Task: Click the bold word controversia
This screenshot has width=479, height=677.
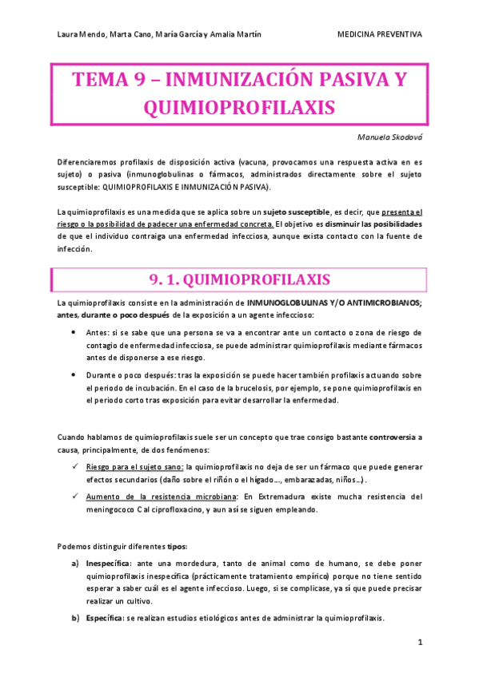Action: (393, 437)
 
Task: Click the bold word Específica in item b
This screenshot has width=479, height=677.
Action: (103, 618)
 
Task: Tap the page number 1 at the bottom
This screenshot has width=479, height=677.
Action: (419, 643)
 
